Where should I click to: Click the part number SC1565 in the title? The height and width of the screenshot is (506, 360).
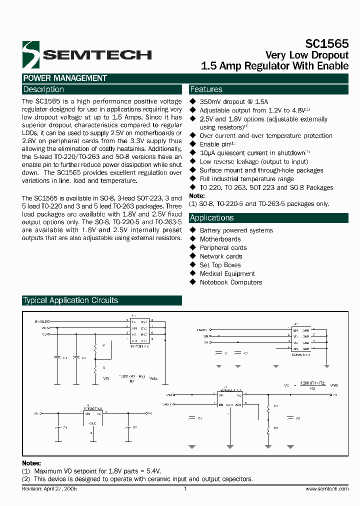(x=327, y=44)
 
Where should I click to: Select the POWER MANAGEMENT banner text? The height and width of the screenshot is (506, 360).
(x=65, y=78)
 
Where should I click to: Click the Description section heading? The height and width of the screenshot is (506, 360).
(x=44, y=89)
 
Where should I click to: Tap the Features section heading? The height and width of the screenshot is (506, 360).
(x=206, y=89)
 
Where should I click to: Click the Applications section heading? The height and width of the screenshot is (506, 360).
(x=211, y=218)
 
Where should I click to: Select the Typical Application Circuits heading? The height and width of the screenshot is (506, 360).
(x=70, y=300)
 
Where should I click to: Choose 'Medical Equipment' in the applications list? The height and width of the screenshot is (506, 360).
(x=227, y=273)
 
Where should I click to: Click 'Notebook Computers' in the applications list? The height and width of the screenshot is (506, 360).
(x=230, y=282)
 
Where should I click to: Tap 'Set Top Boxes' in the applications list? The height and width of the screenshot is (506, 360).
(x=220, y=265)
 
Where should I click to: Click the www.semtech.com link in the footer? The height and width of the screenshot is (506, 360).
(x=326, y=489)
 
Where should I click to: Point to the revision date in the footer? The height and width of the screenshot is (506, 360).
(x=49, y=489)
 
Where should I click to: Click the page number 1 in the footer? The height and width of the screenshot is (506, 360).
(x=185, y=489)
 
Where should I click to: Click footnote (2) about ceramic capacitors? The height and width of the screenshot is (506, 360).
(x=138, y=479)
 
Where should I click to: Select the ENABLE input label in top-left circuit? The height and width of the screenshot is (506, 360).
(x=41, y=321)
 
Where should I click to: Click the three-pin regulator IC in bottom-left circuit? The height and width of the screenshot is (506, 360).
(x=92, y=414)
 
